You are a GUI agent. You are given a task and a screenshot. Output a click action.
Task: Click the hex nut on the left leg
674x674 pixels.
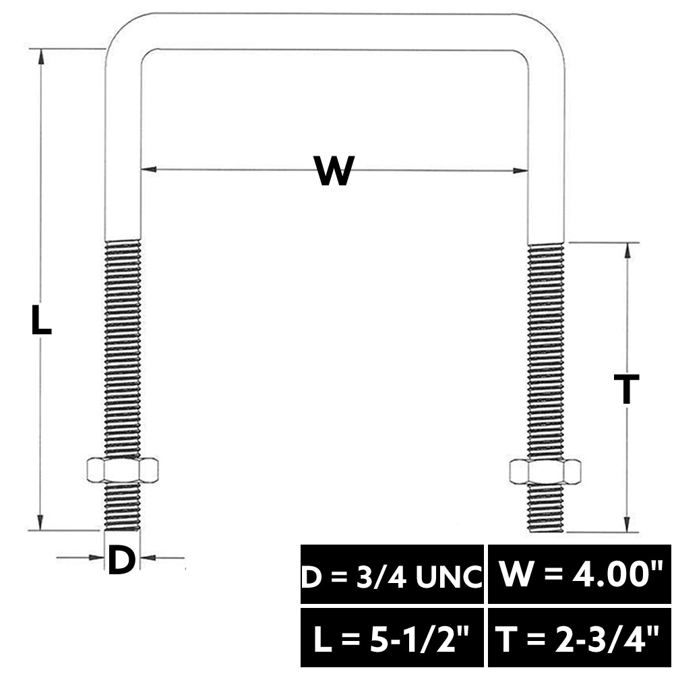point(123,470)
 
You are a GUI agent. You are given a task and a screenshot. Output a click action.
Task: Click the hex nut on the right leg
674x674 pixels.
point(545,472)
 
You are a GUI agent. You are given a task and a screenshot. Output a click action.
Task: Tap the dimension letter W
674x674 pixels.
point(334,171)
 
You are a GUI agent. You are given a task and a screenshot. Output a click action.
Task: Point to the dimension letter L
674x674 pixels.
point(41,319)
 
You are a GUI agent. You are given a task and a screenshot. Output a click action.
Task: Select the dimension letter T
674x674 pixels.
point(627,389)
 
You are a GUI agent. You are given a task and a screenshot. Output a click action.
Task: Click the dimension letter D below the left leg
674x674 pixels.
point(121,559)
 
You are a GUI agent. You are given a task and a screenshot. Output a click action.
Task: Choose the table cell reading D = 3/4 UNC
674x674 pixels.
point(392,574)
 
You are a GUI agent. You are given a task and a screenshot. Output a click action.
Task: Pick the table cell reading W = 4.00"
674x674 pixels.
point(580,574)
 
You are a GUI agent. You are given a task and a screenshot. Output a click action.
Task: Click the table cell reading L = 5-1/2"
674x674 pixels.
point(392,637)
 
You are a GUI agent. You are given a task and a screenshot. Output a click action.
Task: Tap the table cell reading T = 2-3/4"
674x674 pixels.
point(580,637)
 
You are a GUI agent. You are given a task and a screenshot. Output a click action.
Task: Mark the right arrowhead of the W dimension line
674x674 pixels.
point(520,171)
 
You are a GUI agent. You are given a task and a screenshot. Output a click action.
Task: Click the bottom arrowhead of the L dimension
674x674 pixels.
point(40,522)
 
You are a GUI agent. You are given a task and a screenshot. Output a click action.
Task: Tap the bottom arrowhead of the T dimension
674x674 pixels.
point(627,524)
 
